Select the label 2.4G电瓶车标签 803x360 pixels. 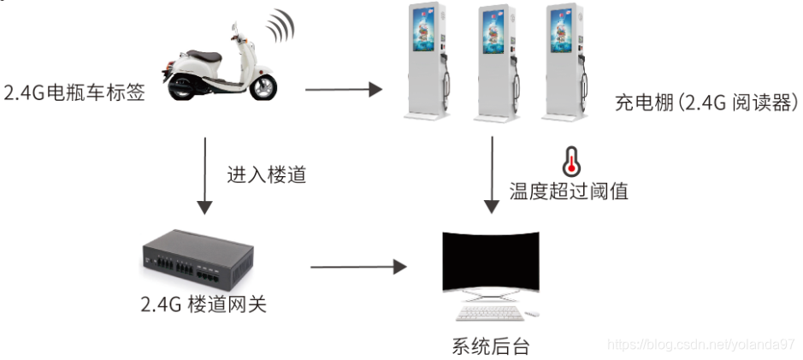coord(74,92)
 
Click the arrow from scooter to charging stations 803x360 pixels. coord(342,88)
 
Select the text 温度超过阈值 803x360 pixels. coord(569,191)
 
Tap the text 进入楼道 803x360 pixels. coord(266,175)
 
